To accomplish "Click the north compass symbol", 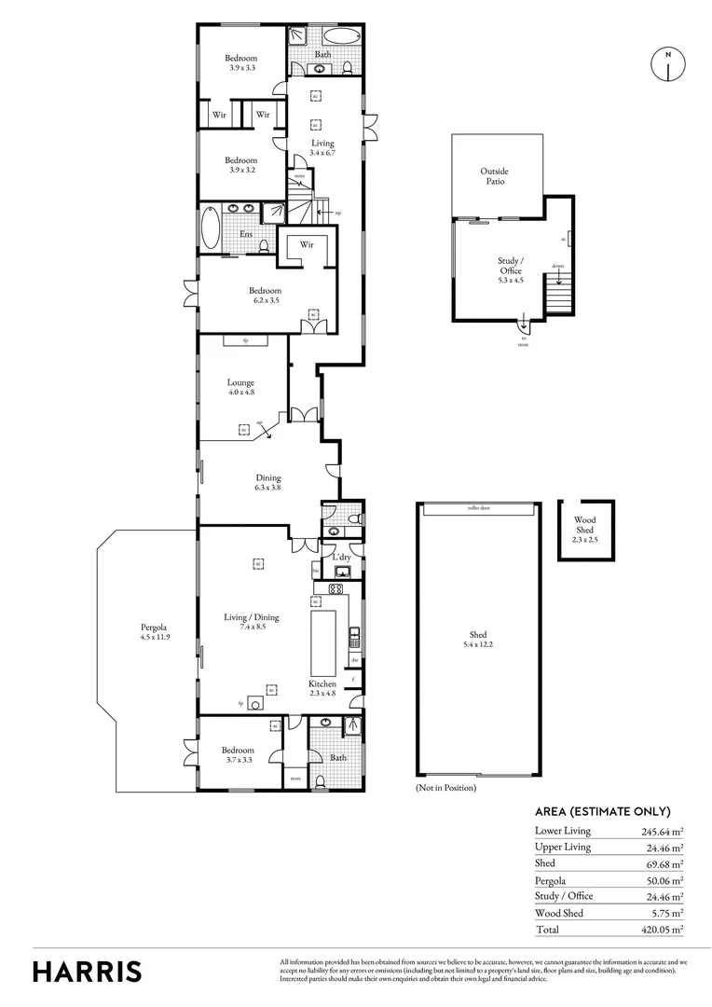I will (x=667, y=64).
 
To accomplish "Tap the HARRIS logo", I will (x=88, y=971).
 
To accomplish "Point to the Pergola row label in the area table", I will (x=551, y=880).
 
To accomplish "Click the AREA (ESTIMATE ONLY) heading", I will (x=602, y=811).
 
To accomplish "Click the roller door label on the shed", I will (x=480, y=509).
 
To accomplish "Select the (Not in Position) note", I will (x=445, y=788).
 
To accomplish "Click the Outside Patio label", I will (x=495, y=176).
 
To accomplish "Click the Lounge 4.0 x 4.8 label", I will (x=240, y=387).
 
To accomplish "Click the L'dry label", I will (x=341, y=557).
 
